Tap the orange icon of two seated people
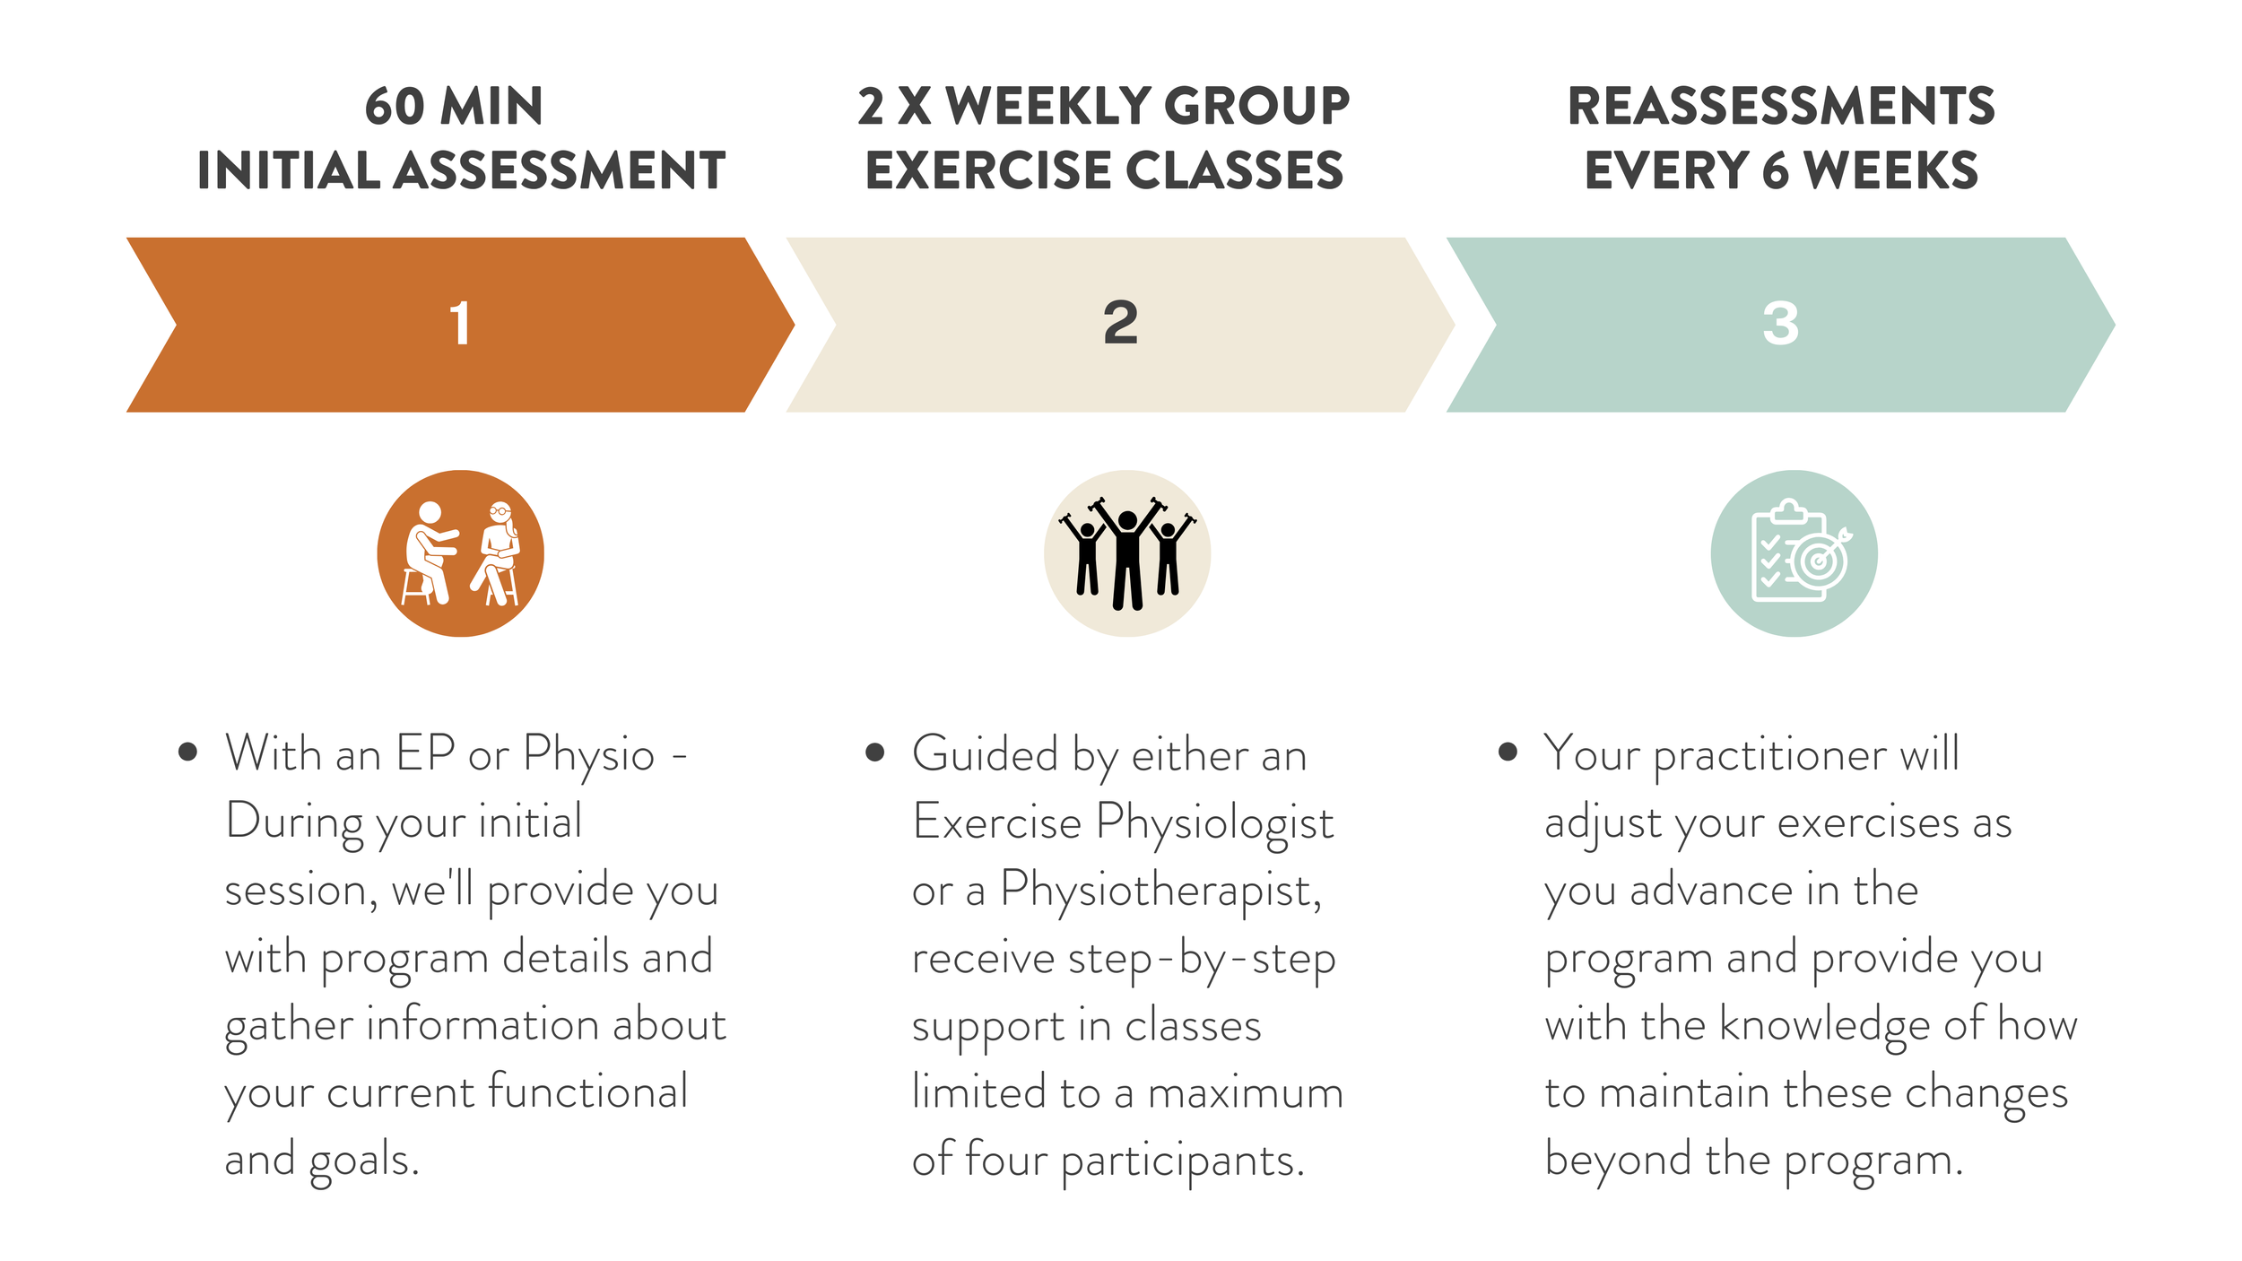coord(460,553)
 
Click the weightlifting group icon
coord(1127,553)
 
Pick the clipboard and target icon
coord(1794,553)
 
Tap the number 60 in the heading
coord(395,106)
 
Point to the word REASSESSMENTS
coord(1781,106)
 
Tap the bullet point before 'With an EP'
coord(187,752)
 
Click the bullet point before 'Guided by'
coord(875,752)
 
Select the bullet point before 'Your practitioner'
coord(1508,752)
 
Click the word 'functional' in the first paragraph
coord(587,1091)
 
